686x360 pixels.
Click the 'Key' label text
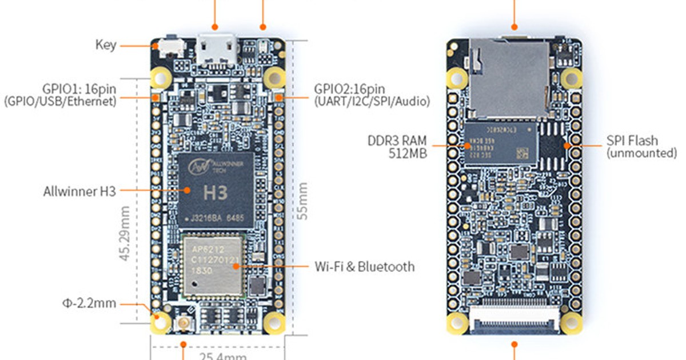pyautogui.click(x=106, y=45)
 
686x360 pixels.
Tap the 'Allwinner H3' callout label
pyautogui.click(x=79, y=191)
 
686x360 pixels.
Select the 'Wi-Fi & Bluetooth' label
pyautogui.click(x=365, y=266)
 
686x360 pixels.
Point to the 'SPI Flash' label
pyautogui.click(x=632, y=141)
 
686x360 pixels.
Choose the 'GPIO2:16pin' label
pyautogui.click(x=349, y=89)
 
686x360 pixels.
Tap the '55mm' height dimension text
pyautogui.click(x=303, y=201)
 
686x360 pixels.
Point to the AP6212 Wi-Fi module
pyautogui.click(x=213, y=266)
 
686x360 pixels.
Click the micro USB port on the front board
pyautogui.click(x=217, y=50)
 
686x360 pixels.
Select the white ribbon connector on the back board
pyautogui.click(x=514, y=318)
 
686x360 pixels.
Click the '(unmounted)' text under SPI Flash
pyautogui.click(x=641, y=153)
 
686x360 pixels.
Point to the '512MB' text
pyautogui.click(x=408, y=153)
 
